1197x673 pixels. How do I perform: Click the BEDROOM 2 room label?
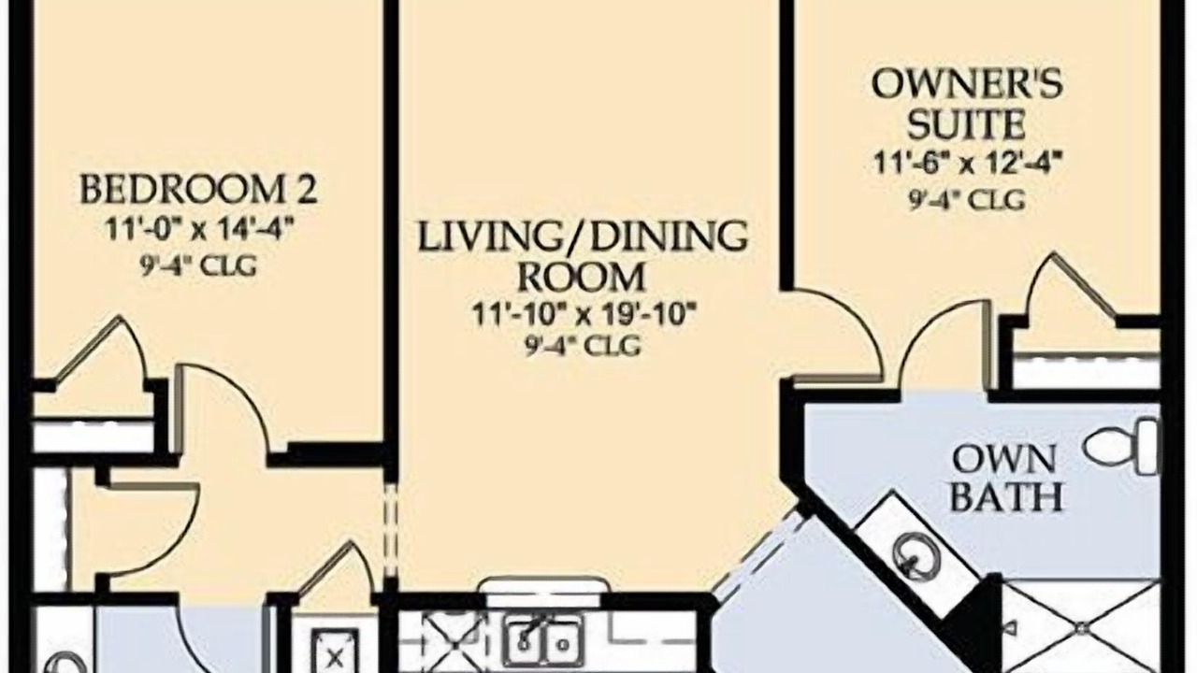pos(198,189)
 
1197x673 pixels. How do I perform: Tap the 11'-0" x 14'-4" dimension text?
pos(199,231)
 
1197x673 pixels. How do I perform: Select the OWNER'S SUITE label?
pos(967,104)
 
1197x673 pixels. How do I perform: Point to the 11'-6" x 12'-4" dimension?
pos(967,163)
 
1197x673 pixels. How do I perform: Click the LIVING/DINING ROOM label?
pos(582,257)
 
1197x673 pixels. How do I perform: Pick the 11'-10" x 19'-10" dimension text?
pos(584,315)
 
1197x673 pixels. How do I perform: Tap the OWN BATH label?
pos(1006,479)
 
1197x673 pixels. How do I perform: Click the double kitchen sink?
pos(541,640)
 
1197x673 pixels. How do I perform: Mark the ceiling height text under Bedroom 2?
pos(198,265)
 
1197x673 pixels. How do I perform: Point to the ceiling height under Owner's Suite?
pos(967,200)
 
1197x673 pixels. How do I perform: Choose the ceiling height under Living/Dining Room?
pos(583,346)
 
